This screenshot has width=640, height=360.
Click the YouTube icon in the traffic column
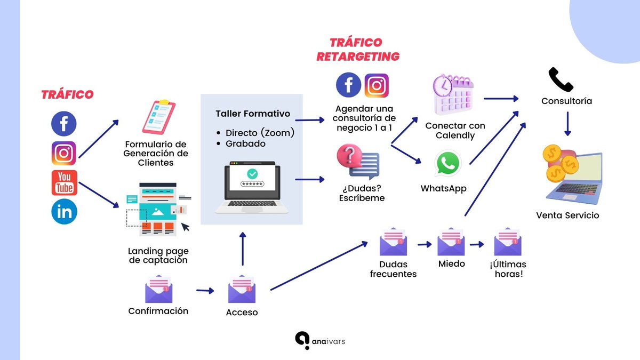point(64,182)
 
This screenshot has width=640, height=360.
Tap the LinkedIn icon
point(64,212)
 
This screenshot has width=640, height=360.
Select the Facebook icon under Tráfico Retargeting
point(348,85)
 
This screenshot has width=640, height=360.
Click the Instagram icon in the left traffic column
point(64,153)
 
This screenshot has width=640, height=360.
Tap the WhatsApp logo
point(447,163)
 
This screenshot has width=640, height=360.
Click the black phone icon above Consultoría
point(561,80)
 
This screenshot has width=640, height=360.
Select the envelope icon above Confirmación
point(158,290)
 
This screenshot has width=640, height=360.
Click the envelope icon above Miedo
point(451,242)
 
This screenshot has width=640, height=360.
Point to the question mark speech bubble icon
point(357,162)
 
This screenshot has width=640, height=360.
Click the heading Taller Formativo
point(252,114)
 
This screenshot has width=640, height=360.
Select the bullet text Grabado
point(245,143)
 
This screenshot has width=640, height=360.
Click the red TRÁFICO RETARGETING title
point(357,49)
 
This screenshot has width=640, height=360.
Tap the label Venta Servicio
point(567,215)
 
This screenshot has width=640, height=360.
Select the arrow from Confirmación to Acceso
point(205,291)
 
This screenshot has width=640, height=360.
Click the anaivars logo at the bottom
point(320,341)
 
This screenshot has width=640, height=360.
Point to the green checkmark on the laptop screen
point(252,173)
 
